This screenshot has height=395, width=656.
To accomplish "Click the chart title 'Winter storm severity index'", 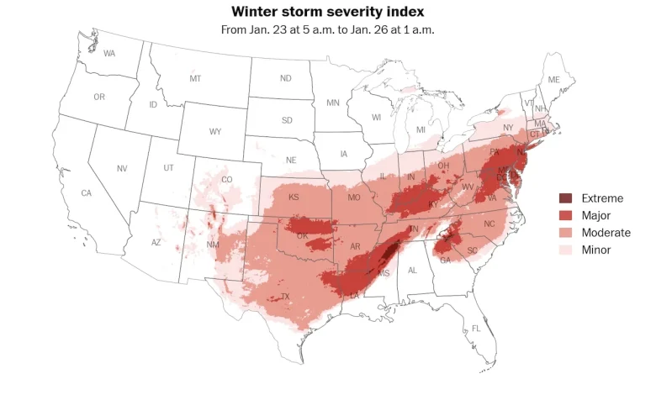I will tap(327, 12).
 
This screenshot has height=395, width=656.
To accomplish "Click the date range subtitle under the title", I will tap(327, 29).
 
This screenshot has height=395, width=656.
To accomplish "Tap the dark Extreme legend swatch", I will tap(566, 198).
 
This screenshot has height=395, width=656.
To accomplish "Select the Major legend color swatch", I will tap(566, 216).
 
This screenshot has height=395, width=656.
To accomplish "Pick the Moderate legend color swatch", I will tap(566, 233).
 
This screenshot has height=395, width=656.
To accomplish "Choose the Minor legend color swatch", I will tap(566, 250).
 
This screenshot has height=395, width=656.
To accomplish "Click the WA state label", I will tap(109, 54).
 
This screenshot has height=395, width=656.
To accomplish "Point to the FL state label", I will tap(476, 328).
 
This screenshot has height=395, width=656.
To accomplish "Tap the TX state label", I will tap(285, 297).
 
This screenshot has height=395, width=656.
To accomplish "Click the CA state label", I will tap(86, 193).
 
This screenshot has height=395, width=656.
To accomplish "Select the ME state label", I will tap(553, 80).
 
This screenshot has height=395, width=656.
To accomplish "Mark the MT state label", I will tap(195, 79).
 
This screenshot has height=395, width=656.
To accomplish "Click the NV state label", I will tap(122, 169).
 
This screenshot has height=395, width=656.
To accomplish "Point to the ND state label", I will tap(286, 79).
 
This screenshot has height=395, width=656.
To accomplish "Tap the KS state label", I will tap(294, 197).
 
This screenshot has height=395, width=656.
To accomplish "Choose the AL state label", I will tap(412, 271).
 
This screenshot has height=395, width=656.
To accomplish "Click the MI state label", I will tap(421, 130).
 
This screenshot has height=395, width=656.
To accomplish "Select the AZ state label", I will tap(156, 243).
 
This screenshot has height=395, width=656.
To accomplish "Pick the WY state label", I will tap(215, 132).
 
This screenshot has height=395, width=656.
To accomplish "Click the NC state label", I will tap(489, 224).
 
